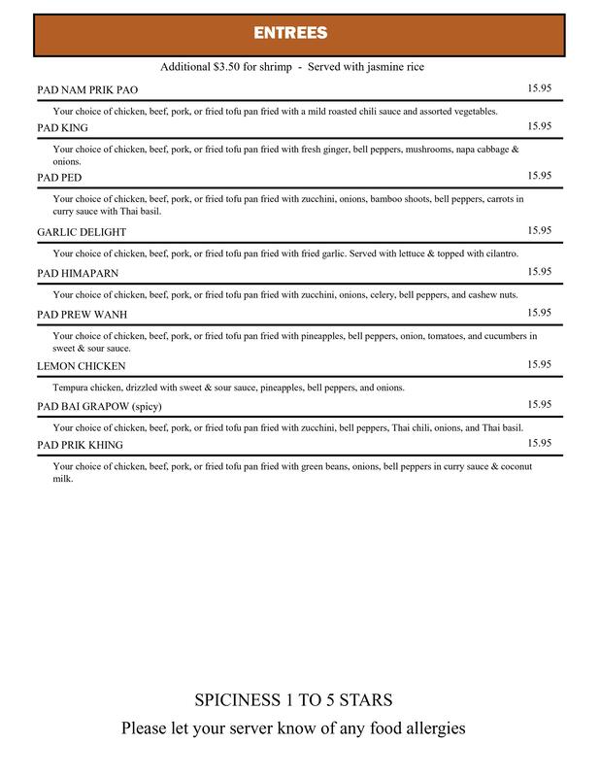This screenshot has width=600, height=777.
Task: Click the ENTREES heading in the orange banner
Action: tap(290, 33)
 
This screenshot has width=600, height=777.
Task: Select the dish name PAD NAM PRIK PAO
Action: tap(87, 89)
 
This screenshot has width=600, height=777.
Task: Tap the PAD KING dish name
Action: tap(63, 127)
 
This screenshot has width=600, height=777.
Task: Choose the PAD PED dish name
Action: tap(59, 177)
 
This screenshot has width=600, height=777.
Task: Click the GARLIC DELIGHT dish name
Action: tap(82, 232)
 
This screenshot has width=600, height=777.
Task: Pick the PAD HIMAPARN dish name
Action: tap(77, 273)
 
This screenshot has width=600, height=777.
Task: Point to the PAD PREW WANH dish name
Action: tap(83, 315)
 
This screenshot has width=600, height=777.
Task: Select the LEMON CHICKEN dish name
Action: tap(82, 366)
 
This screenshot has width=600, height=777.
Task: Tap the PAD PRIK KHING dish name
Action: tap(81, 445)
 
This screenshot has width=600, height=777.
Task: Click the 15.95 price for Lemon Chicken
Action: tap(539, 364)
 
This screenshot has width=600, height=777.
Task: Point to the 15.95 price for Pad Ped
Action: tap(539, 175)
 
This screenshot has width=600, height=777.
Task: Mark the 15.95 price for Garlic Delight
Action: tap(539, 230)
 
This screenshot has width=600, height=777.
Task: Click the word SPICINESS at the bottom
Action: tap(238, 700)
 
